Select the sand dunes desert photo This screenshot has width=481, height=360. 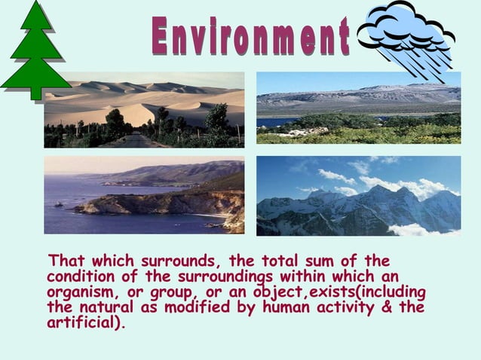pos(144,110)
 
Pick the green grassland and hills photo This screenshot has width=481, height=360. pos(358,108)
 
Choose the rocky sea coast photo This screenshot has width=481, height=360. pos(144,195)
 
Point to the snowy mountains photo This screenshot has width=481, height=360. pos(358,196)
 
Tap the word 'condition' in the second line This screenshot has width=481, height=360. pos(78,277)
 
